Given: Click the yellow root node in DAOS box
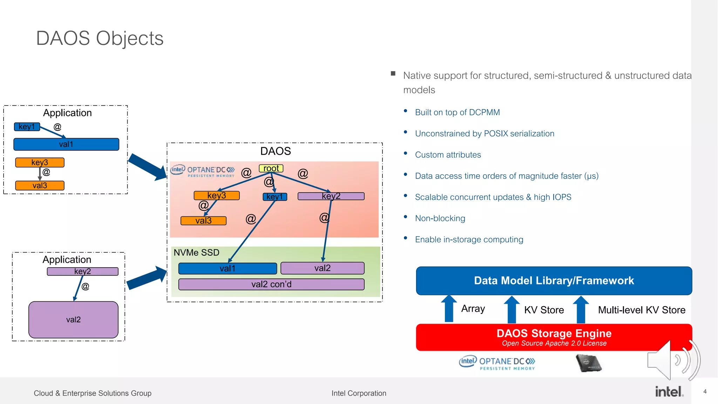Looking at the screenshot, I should coord(271,168).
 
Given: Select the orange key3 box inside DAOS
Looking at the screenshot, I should coord(217,195).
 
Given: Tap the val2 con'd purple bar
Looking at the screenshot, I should coord(271,284).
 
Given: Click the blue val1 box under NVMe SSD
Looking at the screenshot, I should coord(228,269).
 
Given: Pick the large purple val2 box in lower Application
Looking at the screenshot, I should coord(73,319).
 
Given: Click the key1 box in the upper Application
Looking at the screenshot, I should coord(27,127).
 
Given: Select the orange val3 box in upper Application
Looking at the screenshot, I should coord(40,186).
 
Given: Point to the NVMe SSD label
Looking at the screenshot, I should coord(196,252).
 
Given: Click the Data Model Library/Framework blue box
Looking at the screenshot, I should coord(554,281).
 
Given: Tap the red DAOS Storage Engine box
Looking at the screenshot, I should coord(554,337).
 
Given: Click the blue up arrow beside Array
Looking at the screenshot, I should coord(449,309).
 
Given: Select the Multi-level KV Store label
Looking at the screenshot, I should coord(641,310).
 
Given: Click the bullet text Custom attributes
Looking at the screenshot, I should coord(448,155).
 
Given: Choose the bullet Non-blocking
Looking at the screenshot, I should coord(440,218).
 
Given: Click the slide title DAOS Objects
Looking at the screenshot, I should coord(100,38).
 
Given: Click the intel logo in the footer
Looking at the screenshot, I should coord(669,392).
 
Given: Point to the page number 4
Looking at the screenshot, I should coord(705,391).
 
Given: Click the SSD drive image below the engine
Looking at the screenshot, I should coord(588,363).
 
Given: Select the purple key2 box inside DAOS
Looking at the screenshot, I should coord(331,196).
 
